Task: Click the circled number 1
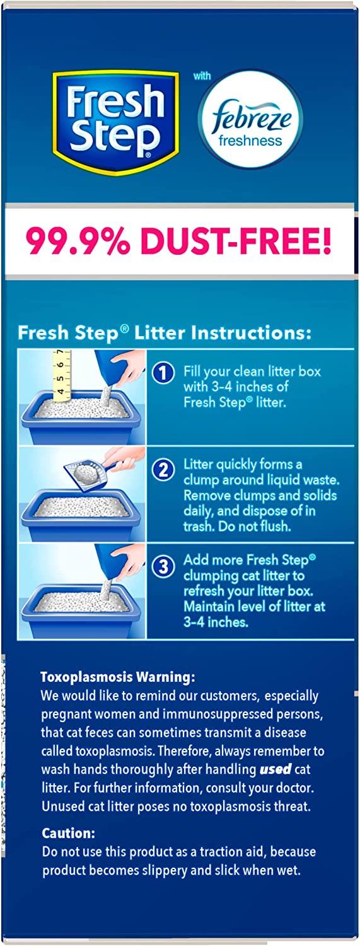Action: [x=163, y=373]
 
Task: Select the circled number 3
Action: [x=163, y=566]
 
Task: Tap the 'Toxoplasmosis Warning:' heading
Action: [x=118, y=677]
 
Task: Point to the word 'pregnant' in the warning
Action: [x=65, y=715]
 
